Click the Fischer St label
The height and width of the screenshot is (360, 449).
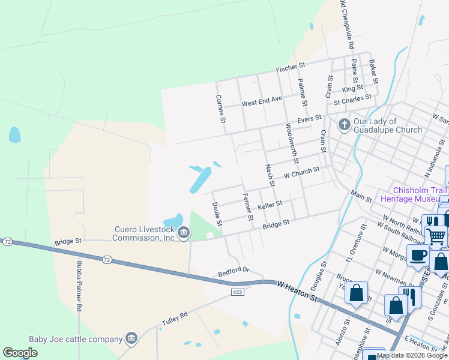point(291,68)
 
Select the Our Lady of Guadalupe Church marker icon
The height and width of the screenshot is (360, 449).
point(344,124)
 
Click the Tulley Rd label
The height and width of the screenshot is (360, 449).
point(174,319)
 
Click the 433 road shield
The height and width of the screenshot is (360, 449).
point(237,292)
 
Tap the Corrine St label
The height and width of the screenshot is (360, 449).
point(221,109)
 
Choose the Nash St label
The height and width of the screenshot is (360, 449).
point(270,175)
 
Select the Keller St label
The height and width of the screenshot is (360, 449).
point(270,205)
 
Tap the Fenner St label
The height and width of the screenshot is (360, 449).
point(247,206)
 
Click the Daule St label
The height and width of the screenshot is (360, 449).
point(217,214)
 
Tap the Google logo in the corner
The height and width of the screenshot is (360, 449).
point(20,352)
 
